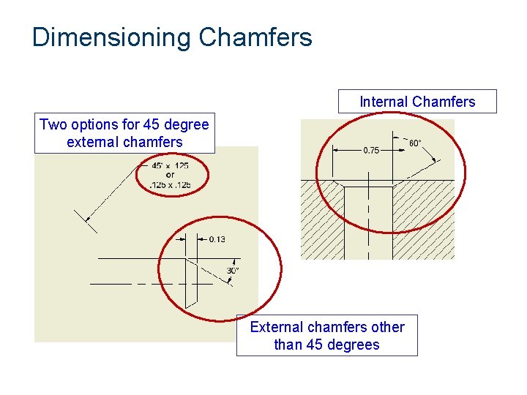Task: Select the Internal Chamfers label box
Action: (417, 102)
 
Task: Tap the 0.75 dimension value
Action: (371, 151)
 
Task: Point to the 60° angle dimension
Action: (414, 143)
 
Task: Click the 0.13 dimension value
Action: (217, 239)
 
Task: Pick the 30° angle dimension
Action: (232, 271)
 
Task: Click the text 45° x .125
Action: (171, 166)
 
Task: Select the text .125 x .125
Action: (170, 185)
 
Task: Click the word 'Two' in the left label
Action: (53, 124)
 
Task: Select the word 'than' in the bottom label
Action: (289, 345)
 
